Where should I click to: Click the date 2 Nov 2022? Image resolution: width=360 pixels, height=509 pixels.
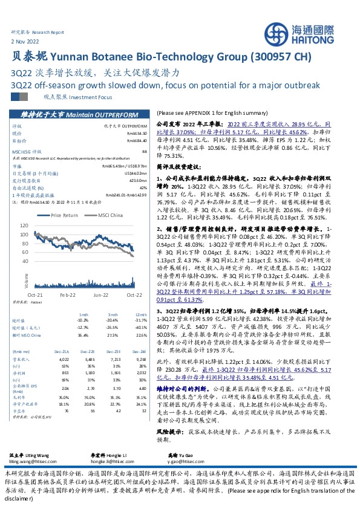click(x=25, y=41)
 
